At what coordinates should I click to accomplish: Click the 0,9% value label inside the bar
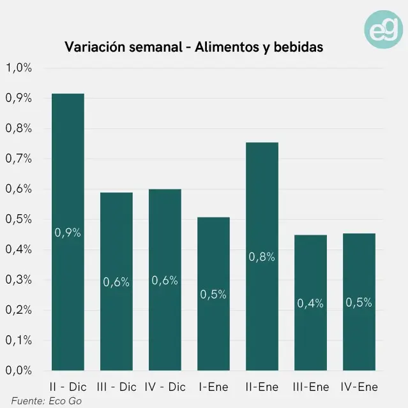coord(68,233)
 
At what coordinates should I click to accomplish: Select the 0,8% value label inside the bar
coord(262,257)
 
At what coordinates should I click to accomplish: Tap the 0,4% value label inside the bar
coord(310,303)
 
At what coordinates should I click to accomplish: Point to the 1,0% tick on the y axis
coord(19,68)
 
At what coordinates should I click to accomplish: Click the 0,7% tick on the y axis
coord(19,159)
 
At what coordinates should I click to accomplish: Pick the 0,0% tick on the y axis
coord(19,370)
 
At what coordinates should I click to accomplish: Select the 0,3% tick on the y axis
coord(19,279)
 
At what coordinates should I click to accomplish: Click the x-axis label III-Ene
coord(310,387)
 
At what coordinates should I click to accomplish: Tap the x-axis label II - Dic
coord(68,387)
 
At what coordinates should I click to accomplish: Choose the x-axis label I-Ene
coord(213,387)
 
